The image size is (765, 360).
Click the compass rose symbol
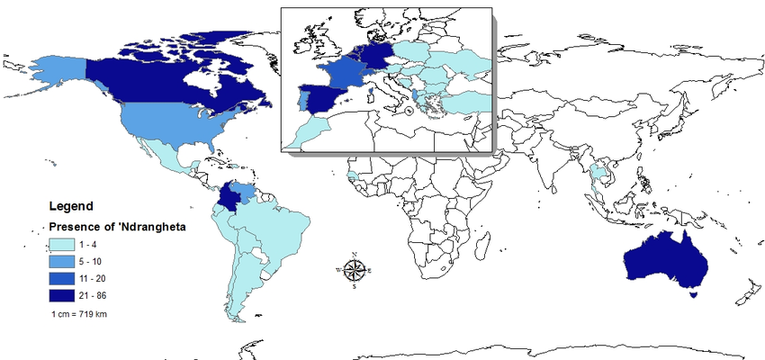pos(355,269)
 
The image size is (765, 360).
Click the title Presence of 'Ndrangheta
pos(116,227)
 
